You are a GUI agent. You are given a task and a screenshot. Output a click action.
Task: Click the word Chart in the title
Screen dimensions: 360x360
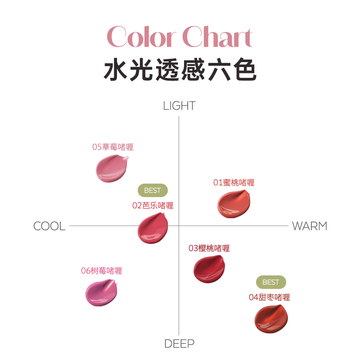click(218, 37)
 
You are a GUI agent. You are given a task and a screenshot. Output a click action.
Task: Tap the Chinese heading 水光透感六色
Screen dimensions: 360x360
click(180, 70)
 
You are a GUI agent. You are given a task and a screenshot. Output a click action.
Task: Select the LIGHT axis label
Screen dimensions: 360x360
click(179, 106)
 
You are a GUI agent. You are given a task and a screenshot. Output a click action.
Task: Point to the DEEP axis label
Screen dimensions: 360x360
click(179, 344)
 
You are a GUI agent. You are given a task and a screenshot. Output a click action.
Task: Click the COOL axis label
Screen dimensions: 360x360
click(49, 226)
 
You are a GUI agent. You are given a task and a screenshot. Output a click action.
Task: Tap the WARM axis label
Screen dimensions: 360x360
click(310, 226)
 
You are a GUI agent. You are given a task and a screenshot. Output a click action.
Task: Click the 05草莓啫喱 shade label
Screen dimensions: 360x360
click(112, 147)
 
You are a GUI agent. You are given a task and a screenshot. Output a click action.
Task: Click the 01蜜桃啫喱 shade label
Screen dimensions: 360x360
click(234, 183)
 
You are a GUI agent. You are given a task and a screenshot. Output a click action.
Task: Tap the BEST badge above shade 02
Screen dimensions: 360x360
click(153, 190)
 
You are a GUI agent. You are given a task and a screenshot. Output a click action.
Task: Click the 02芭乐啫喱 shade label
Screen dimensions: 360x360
click(153, 206)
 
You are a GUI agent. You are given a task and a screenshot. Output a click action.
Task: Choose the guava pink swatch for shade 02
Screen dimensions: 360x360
click(153, 227)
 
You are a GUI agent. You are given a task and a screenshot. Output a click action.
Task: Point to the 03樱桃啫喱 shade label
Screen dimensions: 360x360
click(209, 248)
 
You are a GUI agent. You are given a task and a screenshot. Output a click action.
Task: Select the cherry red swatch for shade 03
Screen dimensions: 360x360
click(208, 269)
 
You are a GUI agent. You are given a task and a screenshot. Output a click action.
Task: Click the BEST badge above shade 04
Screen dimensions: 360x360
click(271, 282)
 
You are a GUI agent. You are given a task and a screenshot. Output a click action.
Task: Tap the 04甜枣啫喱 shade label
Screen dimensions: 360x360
click(269, 297)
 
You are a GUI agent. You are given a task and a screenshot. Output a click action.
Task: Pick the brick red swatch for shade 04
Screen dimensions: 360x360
click(270, 319)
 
